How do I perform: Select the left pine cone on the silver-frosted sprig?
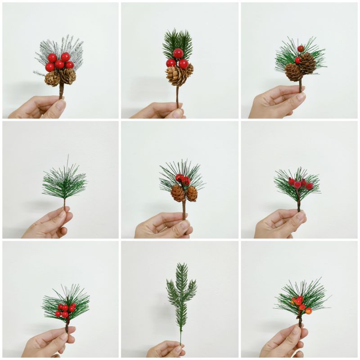pyautogui.click(x=52, y=78)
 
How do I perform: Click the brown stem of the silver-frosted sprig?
pyautogui.click(x=61, y=91)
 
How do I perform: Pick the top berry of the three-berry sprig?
pyautogui.click(x=178, y=53)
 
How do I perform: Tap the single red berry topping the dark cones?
pyautogui.click(x=301, y=49)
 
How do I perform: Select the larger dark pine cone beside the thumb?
pyautogui.click(x=307, y=63)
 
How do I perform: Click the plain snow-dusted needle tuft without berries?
pyautogui.click(x=64, y=182)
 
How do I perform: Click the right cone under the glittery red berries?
pyautogui.click(x=192, y=193)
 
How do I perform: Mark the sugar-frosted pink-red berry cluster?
pyautogui.click(x=299, y=183)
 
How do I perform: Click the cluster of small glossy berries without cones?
pyautogui.click(x=66, y=310)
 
